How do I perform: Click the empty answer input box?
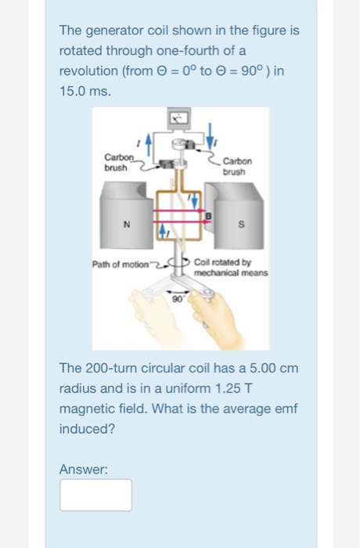95,495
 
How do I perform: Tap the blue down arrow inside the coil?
193,201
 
